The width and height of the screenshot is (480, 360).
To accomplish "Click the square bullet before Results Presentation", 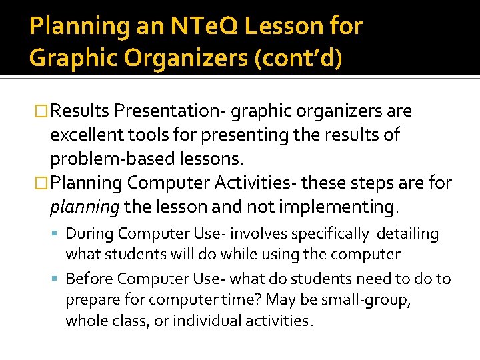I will pyautogui.click(x=41, y=111).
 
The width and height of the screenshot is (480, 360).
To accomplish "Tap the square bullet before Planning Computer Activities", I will pyautogui.click(x=41, y=183).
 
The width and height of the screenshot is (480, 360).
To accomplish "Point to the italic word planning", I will pyautogui.click(x=84, y=207).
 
